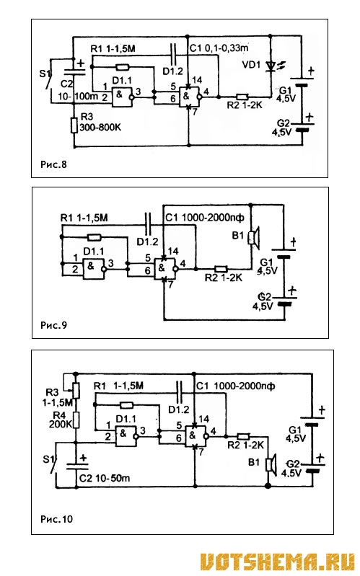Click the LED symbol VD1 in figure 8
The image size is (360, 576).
(x=271, y=66)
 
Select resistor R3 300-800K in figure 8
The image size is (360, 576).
(x=74, y=125)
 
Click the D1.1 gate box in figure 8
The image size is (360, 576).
(x=123, y=97)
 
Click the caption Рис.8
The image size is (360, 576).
(x=53, y=164)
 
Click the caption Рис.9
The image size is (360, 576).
(x=53, y=325)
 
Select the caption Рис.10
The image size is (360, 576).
(x=56, y=519)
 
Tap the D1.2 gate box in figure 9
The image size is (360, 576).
(x=164, y=268)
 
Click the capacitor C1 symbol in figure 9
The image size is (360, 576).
(x=148, y=223)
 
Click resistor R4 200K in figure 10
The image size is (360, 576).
(x=76, y=420)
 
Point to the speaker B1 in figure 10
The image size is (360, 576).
(x=271, y=464)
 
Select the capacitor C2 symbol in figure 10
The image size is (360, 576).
(x=76, y=466)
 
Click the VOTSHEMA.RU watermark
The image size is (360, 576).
(x=277, y=562)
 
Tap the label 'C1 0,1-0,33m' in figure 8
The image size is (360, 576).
(x=219, y=48)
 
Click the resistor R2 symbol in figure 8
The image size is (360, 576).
(x=242, y=97)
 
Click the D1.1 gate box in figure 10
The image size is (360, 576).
(x=126, y=436)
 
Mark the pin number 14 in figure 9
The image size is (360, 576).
(x=173, y=252)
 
